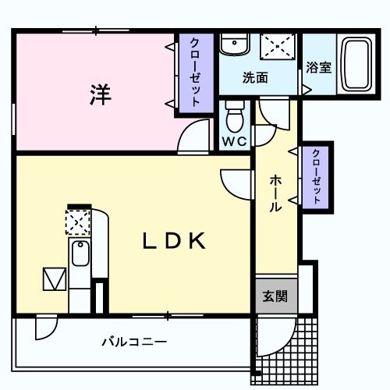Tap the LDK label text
pyautogui.click(x=174, y=241)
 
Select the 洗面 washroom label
pyautogui.click(x=254, y=78)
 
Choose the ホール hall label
pyautogui.click(x=276, y=193)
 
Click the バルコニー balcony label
pyautogui.click(x=134, y=342)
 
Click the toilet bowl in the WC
pyautogui.click(x=235, y=118)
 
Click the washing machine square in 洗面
pyautogui.click(x=278, y=47)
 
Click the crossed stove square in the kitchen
pyautogui.click(x=79, y=223)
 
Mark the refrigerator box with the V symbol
pyautogui.click(x=55, y=278)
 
